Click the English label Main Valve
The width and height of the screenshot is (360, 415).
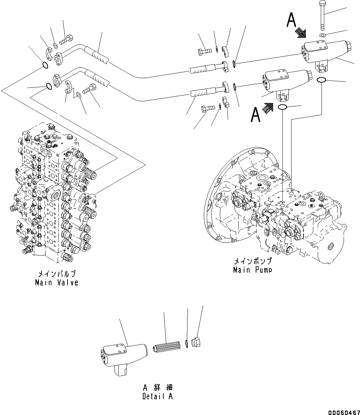point(57,283)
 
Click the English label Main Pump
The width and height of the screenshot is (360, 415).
point(253,270)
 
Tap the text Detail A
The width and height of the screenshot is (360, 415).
point(158,397)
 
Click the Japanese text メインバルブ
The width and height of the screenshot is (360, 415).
point(57,274)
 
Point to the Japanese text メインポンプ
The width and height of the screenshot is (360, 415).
point(253,261)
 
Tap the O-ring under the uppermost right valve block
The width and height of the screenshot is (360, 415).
point(321,80)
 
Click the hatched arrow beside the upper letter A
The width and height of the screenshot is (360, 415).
point(301,32)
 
